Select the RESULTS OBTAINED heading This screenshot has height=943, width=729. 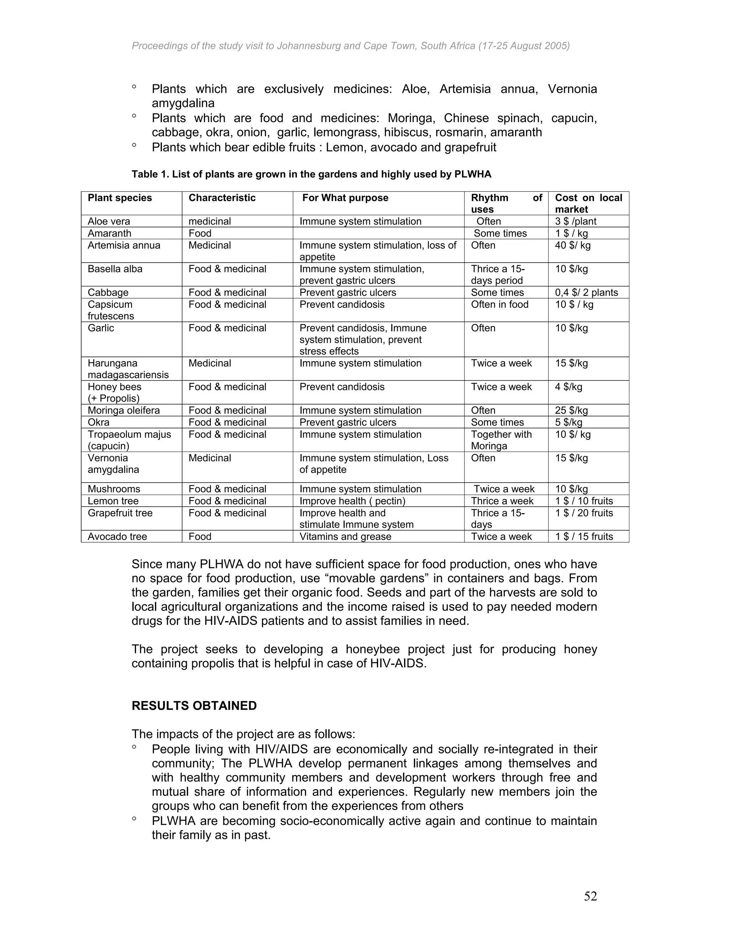pyautogui.click(x=194, y=706)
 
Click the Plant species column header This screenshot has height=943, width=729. pyautogui.click(x=120, y=198)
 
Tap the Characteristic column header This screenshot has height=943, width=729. pyautogui.click(x=222, y=198)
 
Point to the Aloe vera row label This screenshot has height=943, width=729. pyautogui.click(x=109, y=221)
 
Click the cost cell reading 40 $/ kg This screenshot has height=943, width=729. pyautogui.click(x=572, y=245)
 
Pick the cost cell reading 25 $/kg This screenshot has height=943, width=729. pyautogui.click(x=571, y=410)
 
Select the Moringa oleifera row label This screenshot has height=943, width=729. pyautogui.click(x=124, y=410)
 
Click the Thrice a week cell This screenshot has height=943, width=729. pyautogui.click(x=502, y=501)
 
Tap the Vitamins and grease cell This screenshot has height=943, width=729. pyautogui.click(x=345, y=536)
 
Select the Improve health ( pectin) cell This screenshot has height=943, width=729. pyautogui.click(x=352, y=501)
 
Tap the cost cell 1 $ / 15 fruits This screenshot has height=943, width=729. pyautogui.click(x=583, y=536)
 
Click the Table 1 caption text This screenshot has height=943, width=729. pyautogui.click(x=311, y=174)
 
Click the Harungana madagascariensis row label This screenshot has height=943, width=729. pyautogui.click(x=128, y=369)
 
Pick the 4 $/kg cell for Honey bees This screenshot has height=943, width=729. pyautogui.click(x=568, y=386)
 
